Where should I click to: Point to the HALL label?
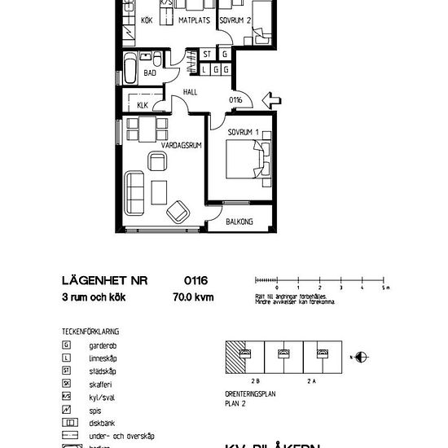click(191, 92)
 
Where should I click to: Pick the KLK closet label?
click(142, 105)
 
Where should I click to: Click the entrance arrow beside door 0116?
click(271, 102)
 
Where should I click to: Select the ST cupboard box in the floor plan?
click(207, 55)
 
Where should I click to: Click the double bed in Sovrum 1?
click(248, 158)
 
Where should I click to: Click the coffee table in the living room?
click(159, 191)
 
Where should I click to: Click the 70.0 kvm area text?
click(194, 298)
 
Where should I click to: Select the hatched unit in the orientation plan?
click(235, 356)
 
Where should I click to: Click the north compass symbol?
click(362, 356)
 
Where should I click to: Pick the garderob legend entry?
click(90, 345)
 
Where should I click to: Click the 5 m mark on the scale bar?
click(384, 288)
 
